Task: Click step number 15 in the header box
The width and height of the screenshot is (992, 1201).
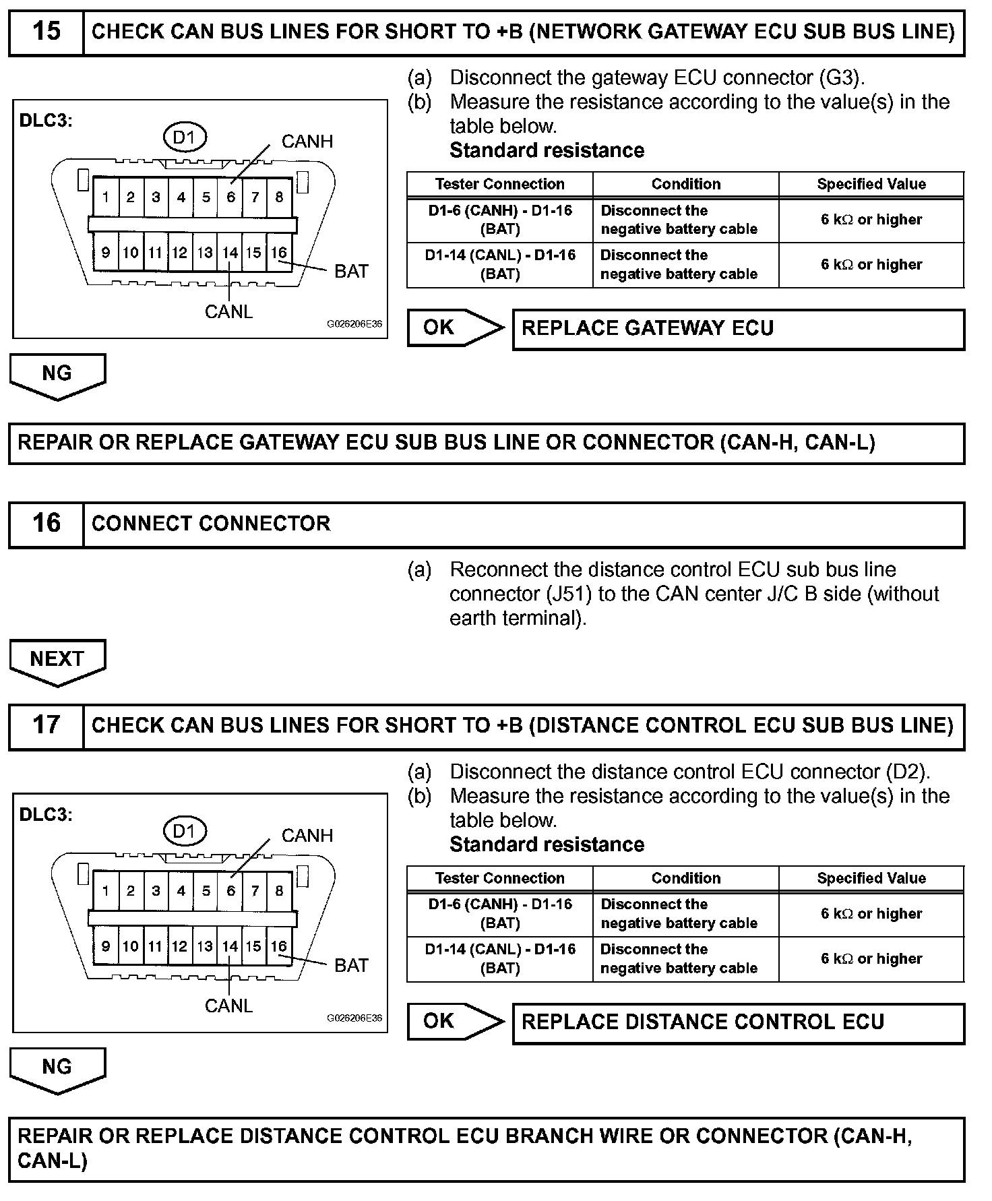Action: [x=46, y=32]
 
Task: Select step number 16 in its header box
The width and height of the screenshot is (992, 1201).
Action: [x=46, y=524]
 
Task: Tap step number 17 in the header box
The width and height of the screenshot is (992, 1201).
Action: [x=46, y=726]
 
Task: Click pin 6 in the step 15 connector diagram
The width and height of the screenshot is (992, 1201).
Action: [x=230, y=197]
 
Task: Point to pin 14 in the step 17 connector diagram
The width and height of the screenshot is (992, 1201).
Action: [x=230, y=946]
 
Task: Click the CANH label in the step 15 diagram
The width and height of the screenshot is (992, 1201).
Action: [x=307, y=142]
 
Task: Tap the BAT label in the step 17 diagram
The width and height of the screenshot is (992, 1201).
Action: [x=351, y=965]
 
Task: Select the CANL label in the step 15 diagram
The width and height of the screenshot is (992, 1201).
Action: [x=228, y=312]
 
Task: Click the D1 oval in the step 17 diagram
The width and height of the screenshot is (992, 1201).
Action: [x=184, y=831]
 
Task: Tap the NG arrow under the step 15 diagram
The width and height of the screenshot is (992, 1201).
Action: [x=57, y=374]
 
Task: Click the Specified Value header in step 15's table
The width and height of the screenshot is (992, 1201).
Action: [x=871, y=184]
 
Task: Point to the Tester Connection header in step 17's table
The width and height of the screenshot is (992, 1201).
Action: [x=499, y=878]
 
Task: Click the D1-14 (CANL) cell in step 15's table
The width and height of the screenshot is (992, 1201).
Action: [x=500, y=264]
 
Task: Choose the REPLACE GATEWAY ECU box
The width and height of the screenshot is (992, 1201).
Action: [x=738, y=329]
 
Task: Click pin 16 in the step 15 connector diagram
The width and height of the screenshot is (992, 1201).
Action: [x=278, y=253]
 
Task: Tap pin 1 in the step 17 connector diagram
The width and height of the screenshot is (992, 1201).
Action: [x=106, y=891]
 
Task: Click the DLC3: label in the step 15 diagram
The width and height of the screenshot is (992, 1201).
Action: [x=46, y=121]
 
